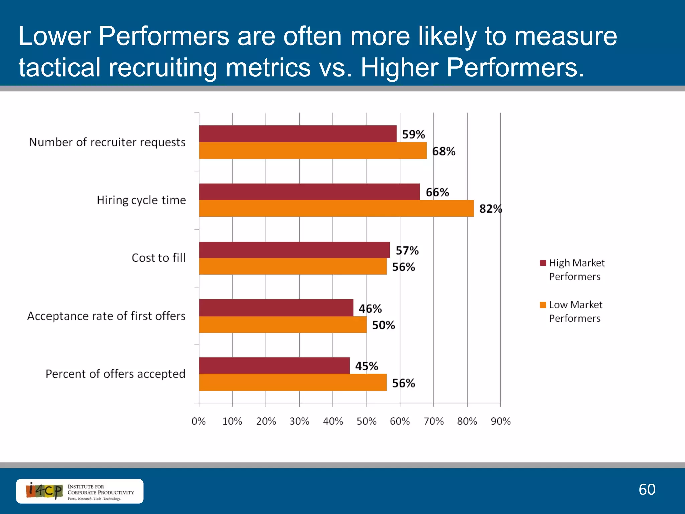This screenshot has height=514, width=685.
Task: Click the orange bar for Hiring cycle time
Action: (x=336, y=208)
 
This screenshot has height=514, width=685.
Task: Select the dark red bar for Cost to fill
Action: (x=294, y=250)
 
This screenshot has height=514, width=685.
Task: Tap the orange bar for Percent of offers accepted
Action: (x=293, y=382)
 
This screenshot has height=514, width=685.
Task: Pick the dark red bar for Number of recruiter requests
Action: (x=298, y=134)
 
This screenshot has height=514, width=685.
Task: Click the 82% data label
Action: (x=490, y=209)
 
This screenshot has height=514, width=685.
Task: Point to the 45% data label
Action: (x=366, y=366)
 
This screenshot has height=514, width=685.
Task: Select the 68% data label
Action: (x=444, y=151)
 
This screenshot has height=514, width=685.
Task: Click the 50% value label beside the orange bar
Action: (x=383, y=325)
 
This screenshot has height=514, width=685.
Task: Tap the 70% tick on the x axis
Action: (x=433, y=421)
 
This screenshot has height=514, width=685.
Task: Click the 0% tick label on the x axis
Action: (x=199, y=421)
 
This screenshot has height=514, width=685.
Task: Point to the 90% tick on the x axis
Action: (x=500, y=421)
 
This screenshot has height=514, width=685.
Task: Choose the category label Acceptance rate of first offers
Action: (x=106, y=316)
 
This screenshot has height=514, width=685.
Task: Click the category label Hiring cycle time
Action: (x=141, y=200)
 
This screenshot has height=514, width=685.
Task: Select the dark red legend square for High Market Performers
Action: (x=543, y=263)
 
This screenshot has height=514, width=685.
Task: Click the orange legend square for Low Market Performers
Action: (x=543, y=305)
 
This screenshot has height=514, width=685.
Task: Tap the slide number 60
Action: (x=647, y=489)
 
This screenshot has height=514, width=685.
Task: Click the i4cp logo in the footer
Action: (x=44, y=491)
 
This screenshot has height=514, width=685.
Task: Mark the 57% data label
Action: (x=407, y=250)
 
